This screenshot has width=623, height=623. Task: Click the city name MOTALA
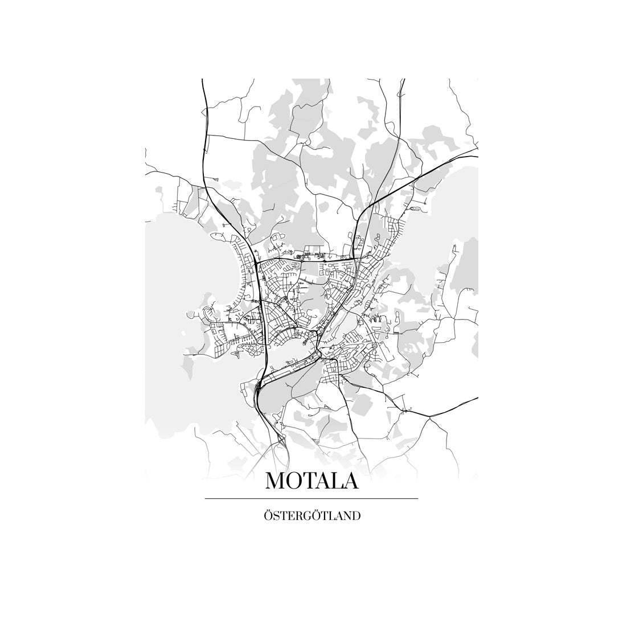coord(311,481)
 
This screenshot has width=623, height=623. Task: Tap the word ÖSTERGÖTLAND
coord(311,517)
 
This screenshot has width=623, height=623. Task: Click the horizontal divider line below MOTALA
coord(311,499)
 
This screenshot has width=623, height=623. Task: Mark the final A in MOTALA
coord(351,481)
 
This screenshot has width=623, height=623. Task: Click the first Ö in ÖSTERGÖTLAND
coord(268,517)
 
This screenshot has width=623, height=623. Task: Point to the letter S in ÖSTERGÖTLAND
coord(276,517)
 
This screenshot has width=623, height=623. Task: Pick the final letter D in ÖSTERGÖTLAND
coord(356,517)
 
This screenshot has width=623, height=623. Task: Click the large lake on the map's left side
coord(182,256)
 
